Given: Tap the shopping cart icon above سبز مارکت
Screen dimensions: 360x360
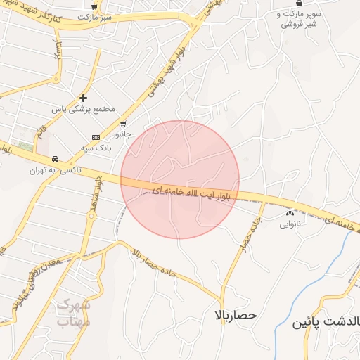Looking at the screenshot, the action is coord(94,6).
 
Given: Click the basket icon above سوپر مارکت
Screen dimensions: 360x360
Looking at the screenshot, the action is coord(300,4).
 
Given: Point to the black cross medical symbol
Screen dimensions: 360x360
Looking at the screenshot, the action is coord(84,98).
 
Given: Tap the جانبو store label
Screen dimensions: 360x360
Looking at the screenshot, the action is coord(123,132).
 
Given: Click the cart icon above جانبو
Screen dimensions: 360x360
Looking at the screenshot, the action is coord(124,123).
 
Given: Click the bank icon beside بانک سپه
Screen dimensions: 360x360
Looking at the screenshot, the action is coord(96,137).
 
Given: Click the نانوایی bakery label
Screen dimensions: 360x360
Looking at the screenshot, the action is coord(290,224).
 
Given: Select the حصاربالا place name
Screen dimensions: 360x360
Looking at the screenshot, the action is coord(237,316).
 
